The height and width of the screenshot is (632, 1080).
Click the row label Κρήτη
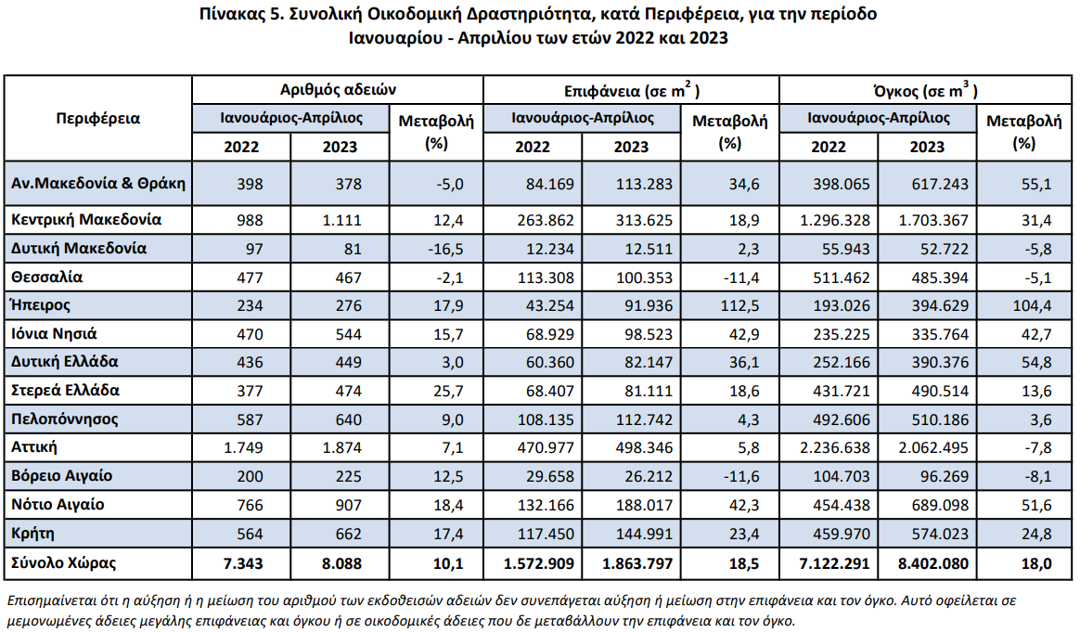[x=32, y=533]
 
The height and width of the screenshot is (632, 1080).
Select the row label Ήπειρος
[x=40, y=305]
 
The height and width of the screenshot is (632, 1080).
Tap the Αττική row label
[x=33, y=446]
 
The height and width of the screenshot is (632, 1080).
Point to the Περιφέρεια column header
[x=97, y=118]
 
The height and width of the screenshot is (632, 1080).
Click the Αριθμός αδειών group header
[x=338, y=90]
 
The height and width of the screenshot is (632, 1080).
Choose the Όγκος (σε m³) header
[x=925, y=90]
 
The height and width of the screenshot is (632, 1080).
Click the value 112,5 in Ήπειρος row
[x=739, y=305]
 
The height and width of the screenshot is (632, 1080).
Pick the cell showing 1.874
[x=341, y=447]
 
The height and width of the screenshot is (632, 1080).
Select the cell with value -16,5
[x=445, y=249]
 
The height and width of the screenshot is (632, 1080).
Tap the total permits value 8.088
[x=341, y=563]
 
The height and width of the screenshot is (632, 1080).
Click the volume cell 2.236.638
[x=835, y=447]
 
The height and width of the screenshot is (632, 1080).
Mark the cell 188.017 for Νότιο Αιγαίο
[x=644, y=505]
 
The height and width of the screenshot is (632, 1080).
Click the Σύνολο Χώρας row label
[x=63, y=562]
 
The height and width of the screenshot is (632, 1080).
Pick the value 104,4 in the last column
[x=1032, y=305]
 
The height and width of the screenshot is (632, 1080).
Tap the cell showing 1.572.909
[x=539, y=563]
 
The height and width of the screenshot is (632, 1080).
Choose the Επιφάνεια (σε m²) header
[x=632, y=90]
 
